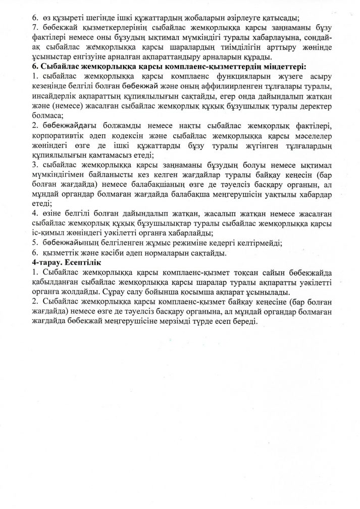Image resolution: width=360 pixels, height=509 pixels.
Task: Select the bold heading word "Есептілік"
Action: pyautogui.click(x=82, y=263)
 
